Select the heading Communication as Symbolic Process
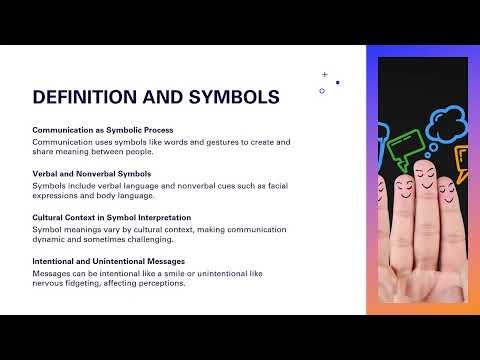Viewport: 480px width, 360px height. tap(103, 130)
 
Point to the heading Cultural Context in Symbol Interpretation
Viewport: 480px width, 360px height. tap(112, 217)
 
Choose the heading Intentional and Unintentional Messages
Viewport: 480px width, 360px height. tap(108, 261)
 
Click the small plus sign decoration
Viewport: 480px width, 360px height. tap(324, 74)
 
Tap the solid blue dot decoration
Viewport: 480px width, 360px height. tap(337, 82)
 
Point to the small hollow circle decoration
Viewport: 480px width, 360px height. tap(322, 91)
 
